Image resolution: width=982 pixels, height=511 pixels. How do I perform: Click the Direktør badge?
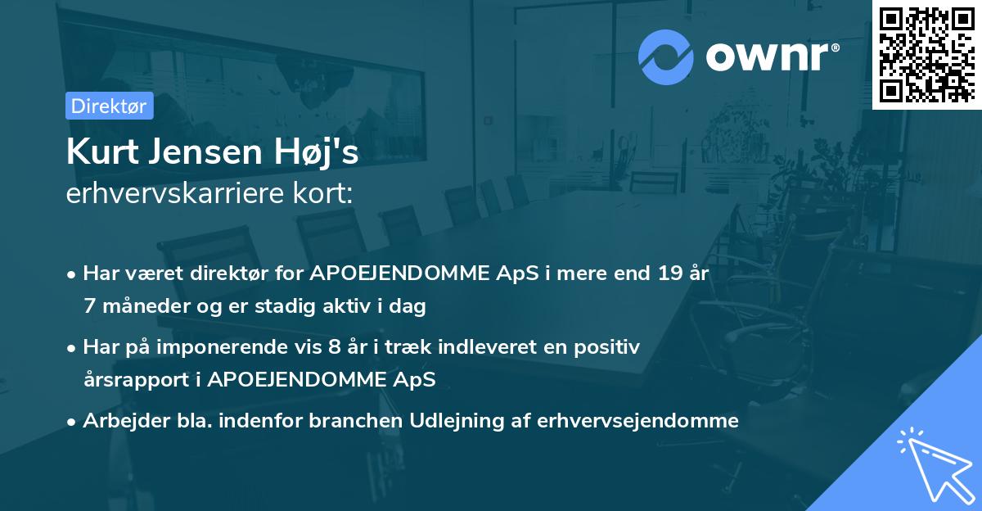[109, 106]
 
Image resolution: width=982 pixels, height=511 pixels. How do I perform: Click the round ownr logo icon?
[665, 57]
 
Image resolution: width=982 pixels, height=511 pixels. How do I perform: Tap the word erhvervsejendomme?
[638, 421]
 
